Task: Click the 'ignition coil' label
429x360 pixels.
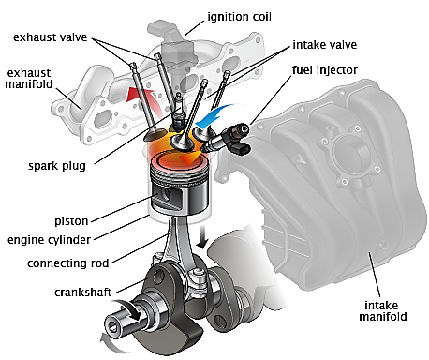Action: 239,17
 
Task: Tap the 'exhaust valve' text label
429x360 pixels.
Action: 50,37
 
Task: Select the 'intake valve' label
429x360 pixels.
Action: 325,45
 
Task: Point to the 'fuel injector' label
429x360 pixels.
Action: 325,70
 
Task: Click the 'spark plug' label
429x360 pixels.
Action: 57,166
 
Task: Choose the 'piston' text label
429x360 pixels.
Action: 71,221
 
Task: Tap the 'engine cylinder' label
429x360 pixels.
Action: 49,240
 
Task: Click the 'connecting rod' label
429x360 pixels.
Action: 67,263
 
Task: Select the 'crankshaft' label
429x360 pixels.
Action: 82,292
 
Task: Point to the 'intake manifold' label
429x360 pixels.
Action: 383,311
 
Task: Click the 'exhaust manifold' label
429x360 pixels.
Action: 29,79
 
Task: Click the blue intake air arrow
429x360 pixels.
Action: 215,117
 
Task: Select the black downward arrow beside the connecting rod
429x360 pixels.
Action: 203,236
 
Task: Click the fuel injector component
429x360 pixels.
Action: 227,138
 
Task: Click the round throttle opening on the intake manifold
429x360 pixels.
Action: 348,154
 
